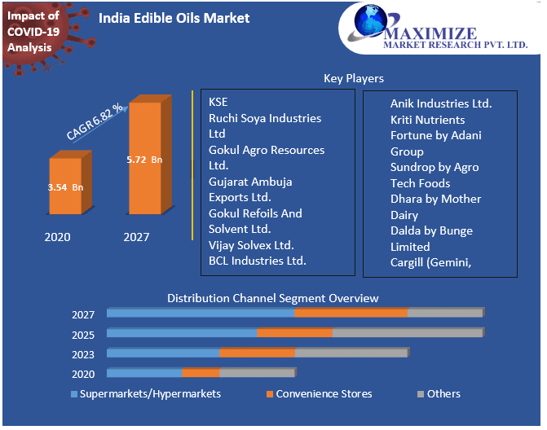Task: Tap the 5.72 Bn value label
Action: (144, 160)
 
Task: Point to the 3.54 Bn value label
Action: (65, 187)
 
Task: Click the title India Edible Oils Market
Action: (174, 18)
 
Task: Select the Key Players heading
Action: (354, 78)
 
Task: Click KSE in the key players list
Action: (218, 102)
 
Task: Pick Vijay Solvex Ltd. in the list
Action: (251, 245)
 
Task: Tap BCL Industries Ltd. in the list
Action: (258, 261)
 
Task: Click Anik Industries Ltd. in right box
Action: (441, 103)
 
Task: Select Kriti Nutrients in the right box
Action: (428, 120)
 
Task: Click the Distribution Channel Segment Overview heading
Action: (273, 298)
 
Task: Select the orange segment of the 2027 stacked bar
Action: (351, 314)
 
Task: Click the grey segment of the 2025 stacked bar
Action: (408, 333)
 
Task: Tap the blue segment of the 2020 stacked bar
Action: (144, 373)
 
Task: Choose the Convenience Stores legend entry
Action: (324, 394)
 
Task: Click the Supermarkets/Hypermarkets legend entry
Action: (150, 394)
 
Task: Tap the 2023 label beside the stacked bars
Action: (83, 354)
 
